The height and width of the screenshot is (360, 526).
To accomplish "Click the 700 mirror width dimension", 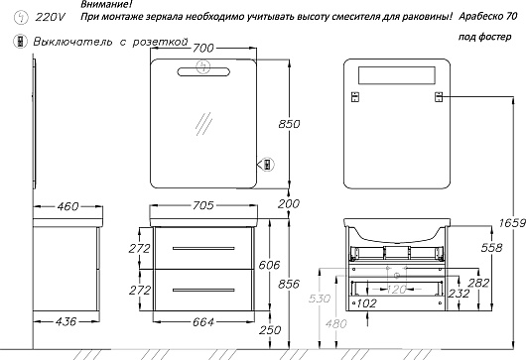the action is pos(202,49).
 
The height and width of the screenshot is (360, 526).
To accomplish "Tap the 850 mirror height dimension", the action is pos(289,124).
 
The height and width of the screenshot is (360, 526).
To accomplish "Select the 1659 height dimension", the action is pos(512,223).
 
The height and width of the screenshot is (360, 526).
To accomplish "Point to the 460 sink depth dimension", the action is pos(67,206).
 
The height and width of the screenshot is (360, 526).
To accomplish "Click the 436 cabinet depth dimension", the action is pos(66,321).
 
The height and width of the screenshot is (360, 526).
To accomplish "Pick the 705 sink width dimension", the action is pos(202,205).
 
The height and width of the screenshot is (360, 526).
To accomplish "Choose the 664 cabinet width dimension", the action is pos(202,322).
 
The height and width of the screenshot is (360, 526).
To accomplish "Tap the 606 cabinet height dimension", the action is pos(269,265).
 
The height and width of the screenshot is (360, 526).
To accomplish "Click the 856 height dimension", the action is pos(289,285).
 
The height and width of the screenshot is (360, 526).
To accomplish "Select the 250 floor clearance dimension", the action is pos(270,330).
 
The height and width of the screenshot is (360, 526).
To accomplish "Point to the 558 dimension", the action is pos(492,248).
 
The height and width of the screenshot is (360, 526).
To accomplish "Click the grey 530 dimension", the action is pos(320,298).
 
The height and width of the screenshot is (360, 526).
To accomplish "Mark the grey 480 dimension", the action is pos(335,323).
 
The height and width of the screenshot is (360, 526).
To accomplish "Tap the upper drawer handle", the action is pos(203,248).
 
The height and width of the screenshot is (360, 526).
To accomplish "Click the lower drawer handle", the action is pos(203,290).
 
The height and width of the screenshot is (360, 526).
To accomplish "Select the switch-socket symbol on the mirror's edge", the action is pos(267,165).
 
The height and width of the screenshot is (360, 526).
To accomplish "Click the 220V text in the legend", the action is pos(51,17).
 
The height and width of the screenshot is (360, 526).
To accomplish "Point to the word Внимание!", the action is pos(106,4).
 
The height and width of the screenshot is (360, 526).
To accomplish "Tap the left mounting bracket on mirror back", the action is pos(355,97).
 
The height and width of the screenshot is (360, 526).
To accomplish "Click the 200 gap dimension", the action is pos(289,203).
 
